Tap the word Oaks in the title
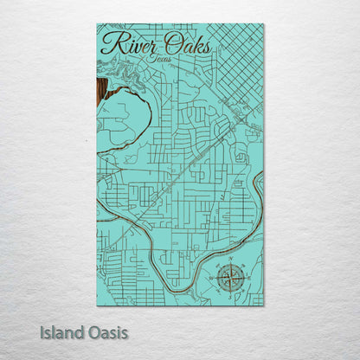[x=184, y=44]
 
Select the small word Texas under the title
[x=158, y=59]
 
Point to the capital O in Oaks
[x=166, y=43]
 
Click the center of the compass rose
[x=229, y=277]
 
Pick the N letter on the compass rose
[x=229, y=260]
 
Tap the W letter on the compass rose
[x=213, y=278]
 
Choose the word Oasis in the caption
[x=110, y=331]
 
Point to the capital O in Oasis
[x=96, y=331]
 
